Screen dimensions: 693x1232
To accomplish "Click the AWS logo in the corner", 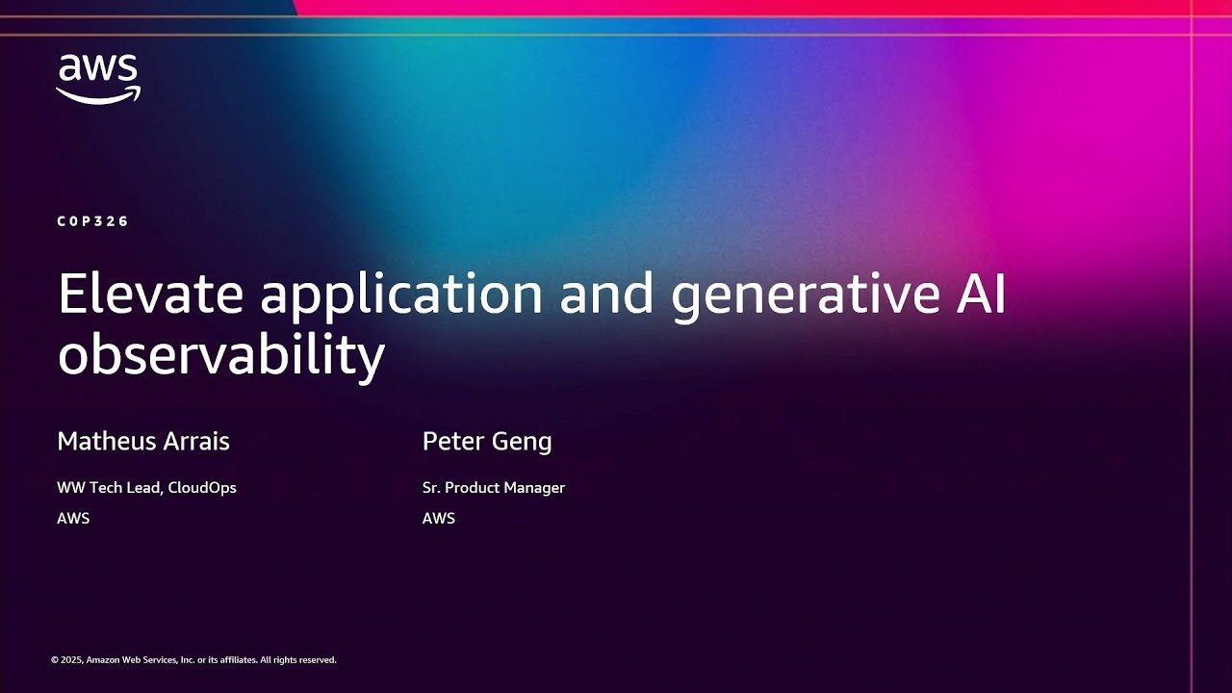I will coord(98,78).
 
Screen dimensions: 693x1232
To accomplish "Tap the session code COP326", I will coord(92,221).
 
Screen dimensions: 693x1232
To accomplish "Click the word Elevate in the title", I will coord(150,294).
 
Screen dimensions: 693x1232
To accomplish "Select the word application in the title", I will coord(401,295).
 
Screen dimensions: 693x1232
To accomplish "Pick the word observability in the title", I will coord(220,355).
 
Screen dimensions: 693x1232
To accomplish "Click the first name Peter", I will coord(452,442).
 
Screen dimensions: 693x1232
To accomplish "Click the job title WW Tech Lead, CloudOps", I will coord(146,487).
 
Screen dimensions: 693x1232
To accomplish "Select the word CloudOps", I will coord(202,487).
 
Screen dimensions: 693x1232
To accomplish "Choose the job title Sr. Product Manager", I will coord(494,488).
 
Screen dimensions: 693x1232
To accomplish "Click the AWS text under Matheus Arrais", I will coord(73,518).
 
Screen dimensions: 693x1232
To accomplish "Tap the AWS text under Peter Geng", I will coord(439,518).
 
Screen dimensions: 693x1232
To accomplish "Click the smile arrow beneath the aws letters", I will coord(98,94).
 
